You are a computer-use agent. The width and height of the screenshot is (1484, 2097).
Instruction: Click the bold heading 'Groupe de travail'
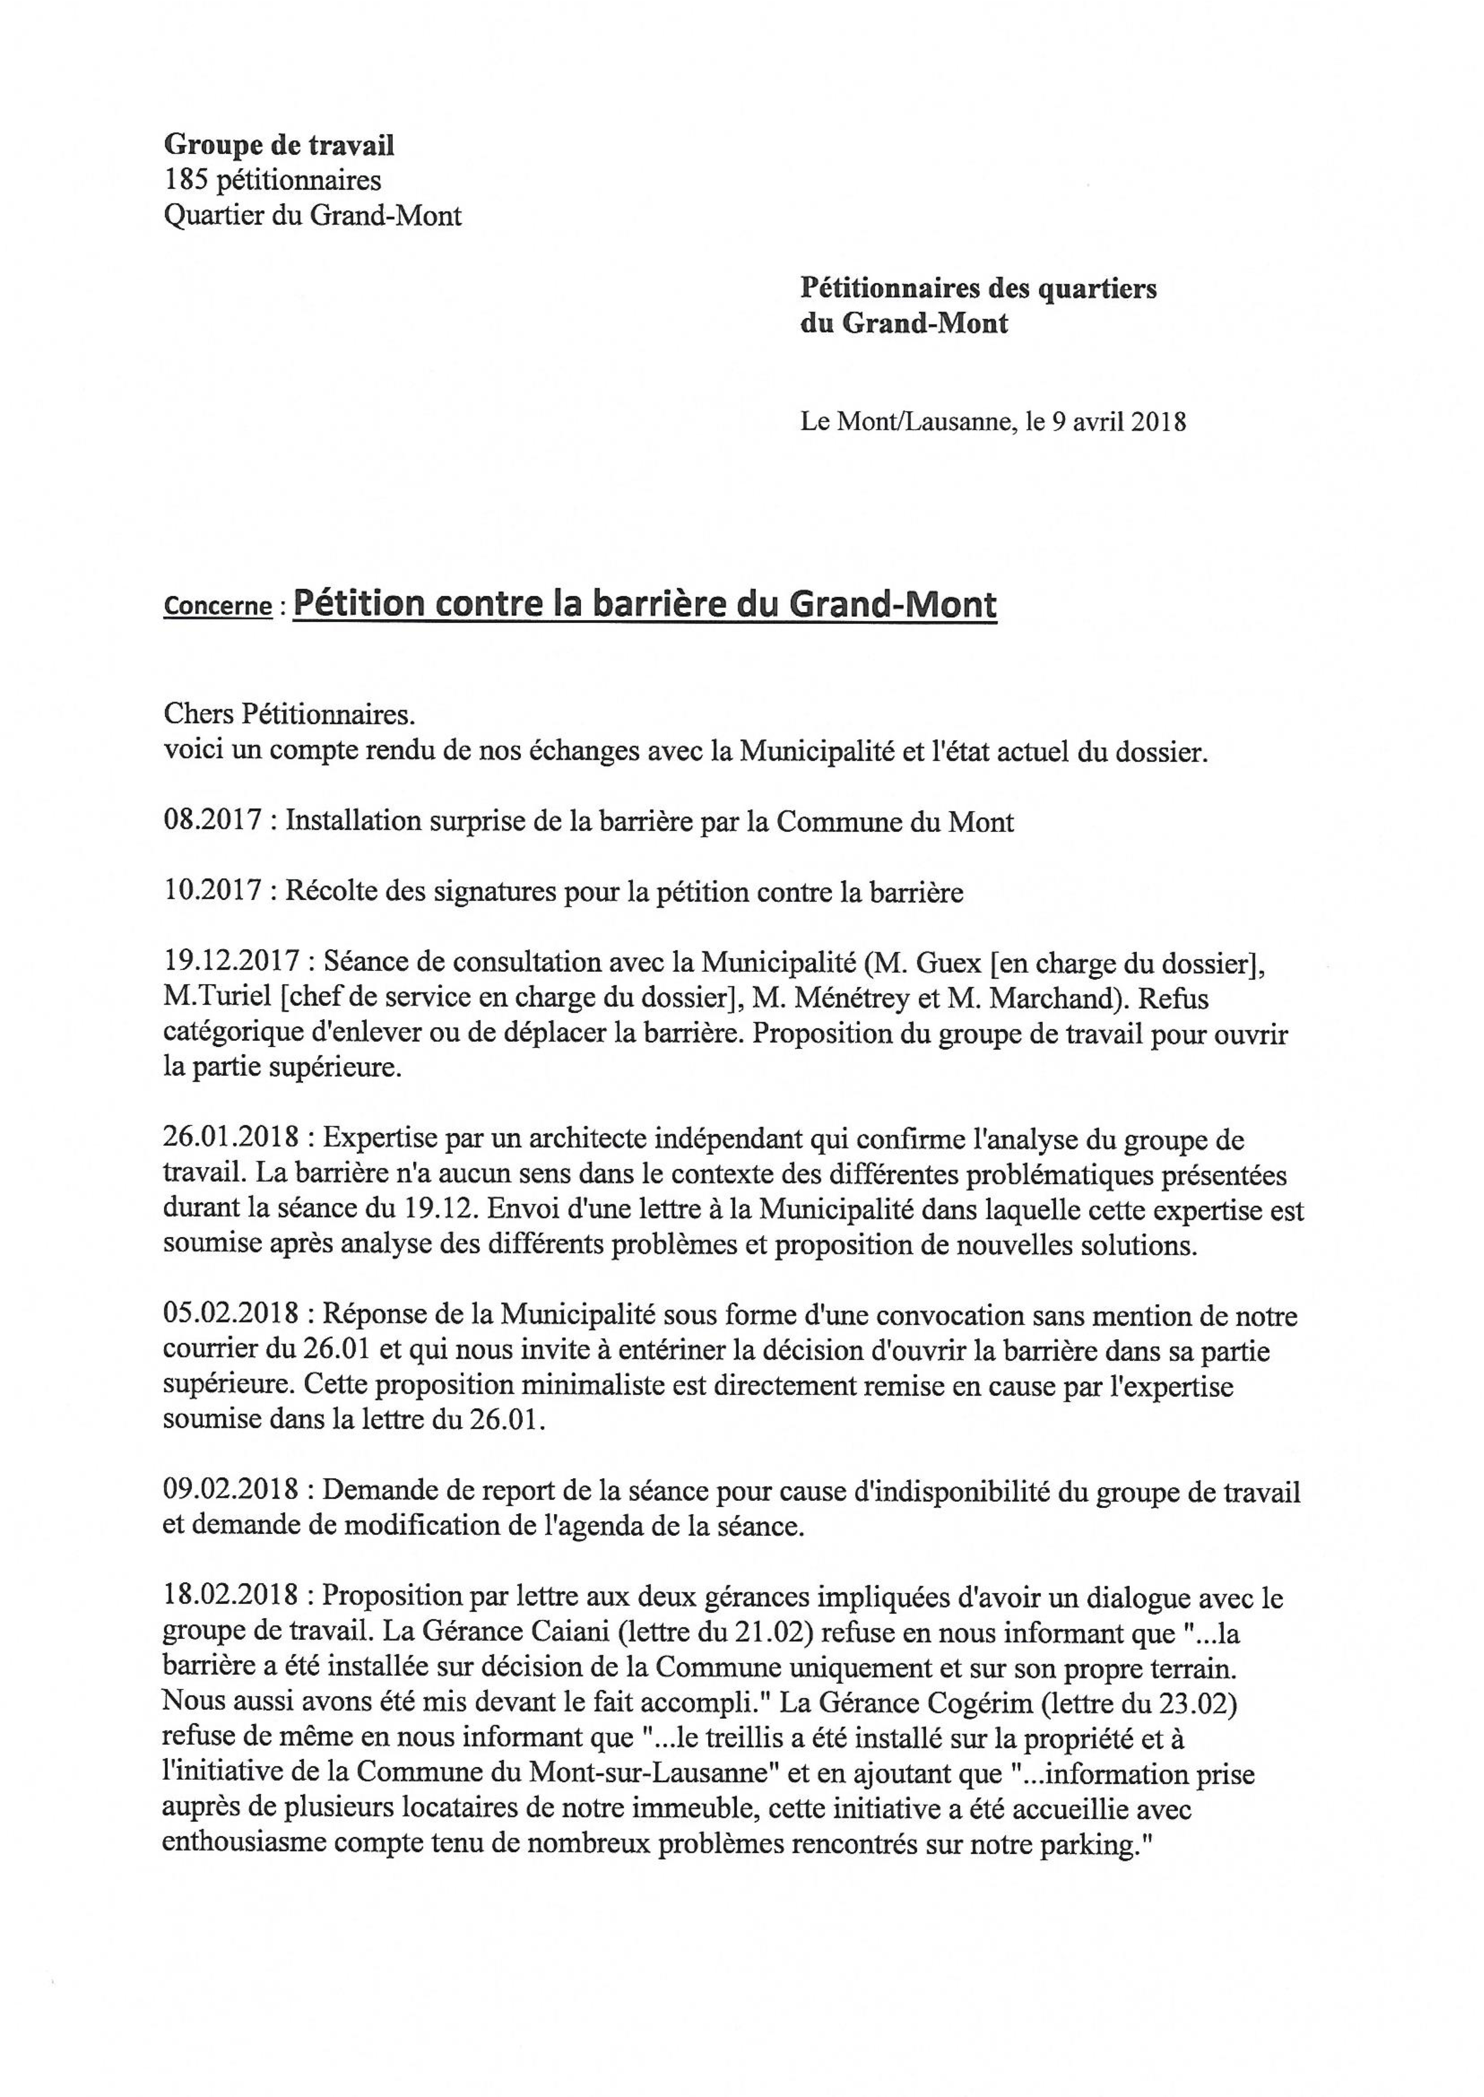279,144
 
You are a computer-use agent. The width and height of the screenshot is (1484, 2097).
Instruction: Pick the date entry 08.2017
211,821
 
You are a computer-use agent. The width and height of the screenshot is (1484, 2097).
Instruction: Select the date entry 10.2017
211,892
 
